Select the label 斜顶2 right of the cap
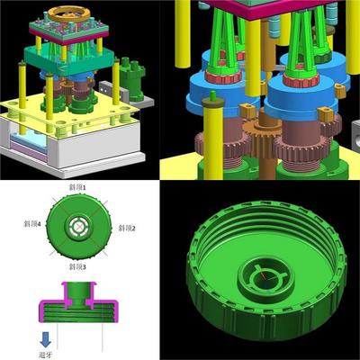click(x=127, y=229)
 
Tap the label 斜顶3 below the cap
click(x=80, y=267)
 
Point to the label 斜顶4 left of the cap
click(x=32, y=220)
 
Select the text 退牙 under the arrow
click(x=44, y=354)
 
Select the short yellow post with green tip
click(x=214, y=135)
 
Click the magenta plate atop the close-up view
click(x=261, y=6)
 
